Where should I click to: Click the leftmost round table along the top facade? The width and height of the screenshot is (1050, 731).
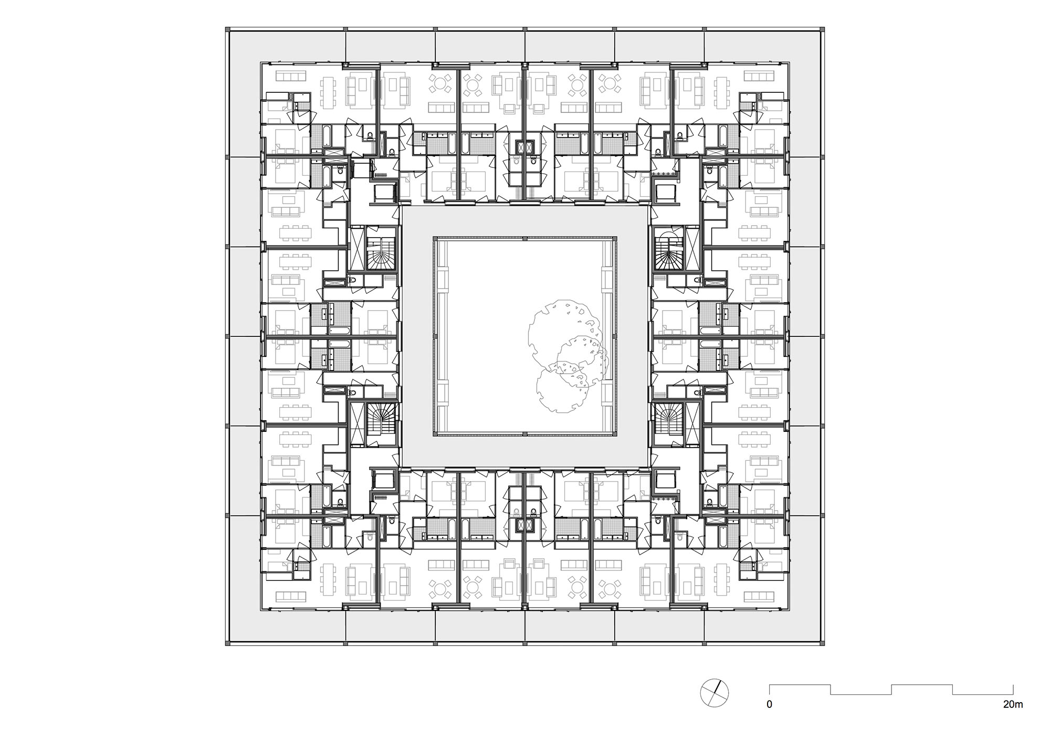click(x=440, y=83)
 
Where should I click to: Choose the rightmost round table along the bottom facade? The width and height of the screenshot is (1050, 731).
click(x=609, y=589)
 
